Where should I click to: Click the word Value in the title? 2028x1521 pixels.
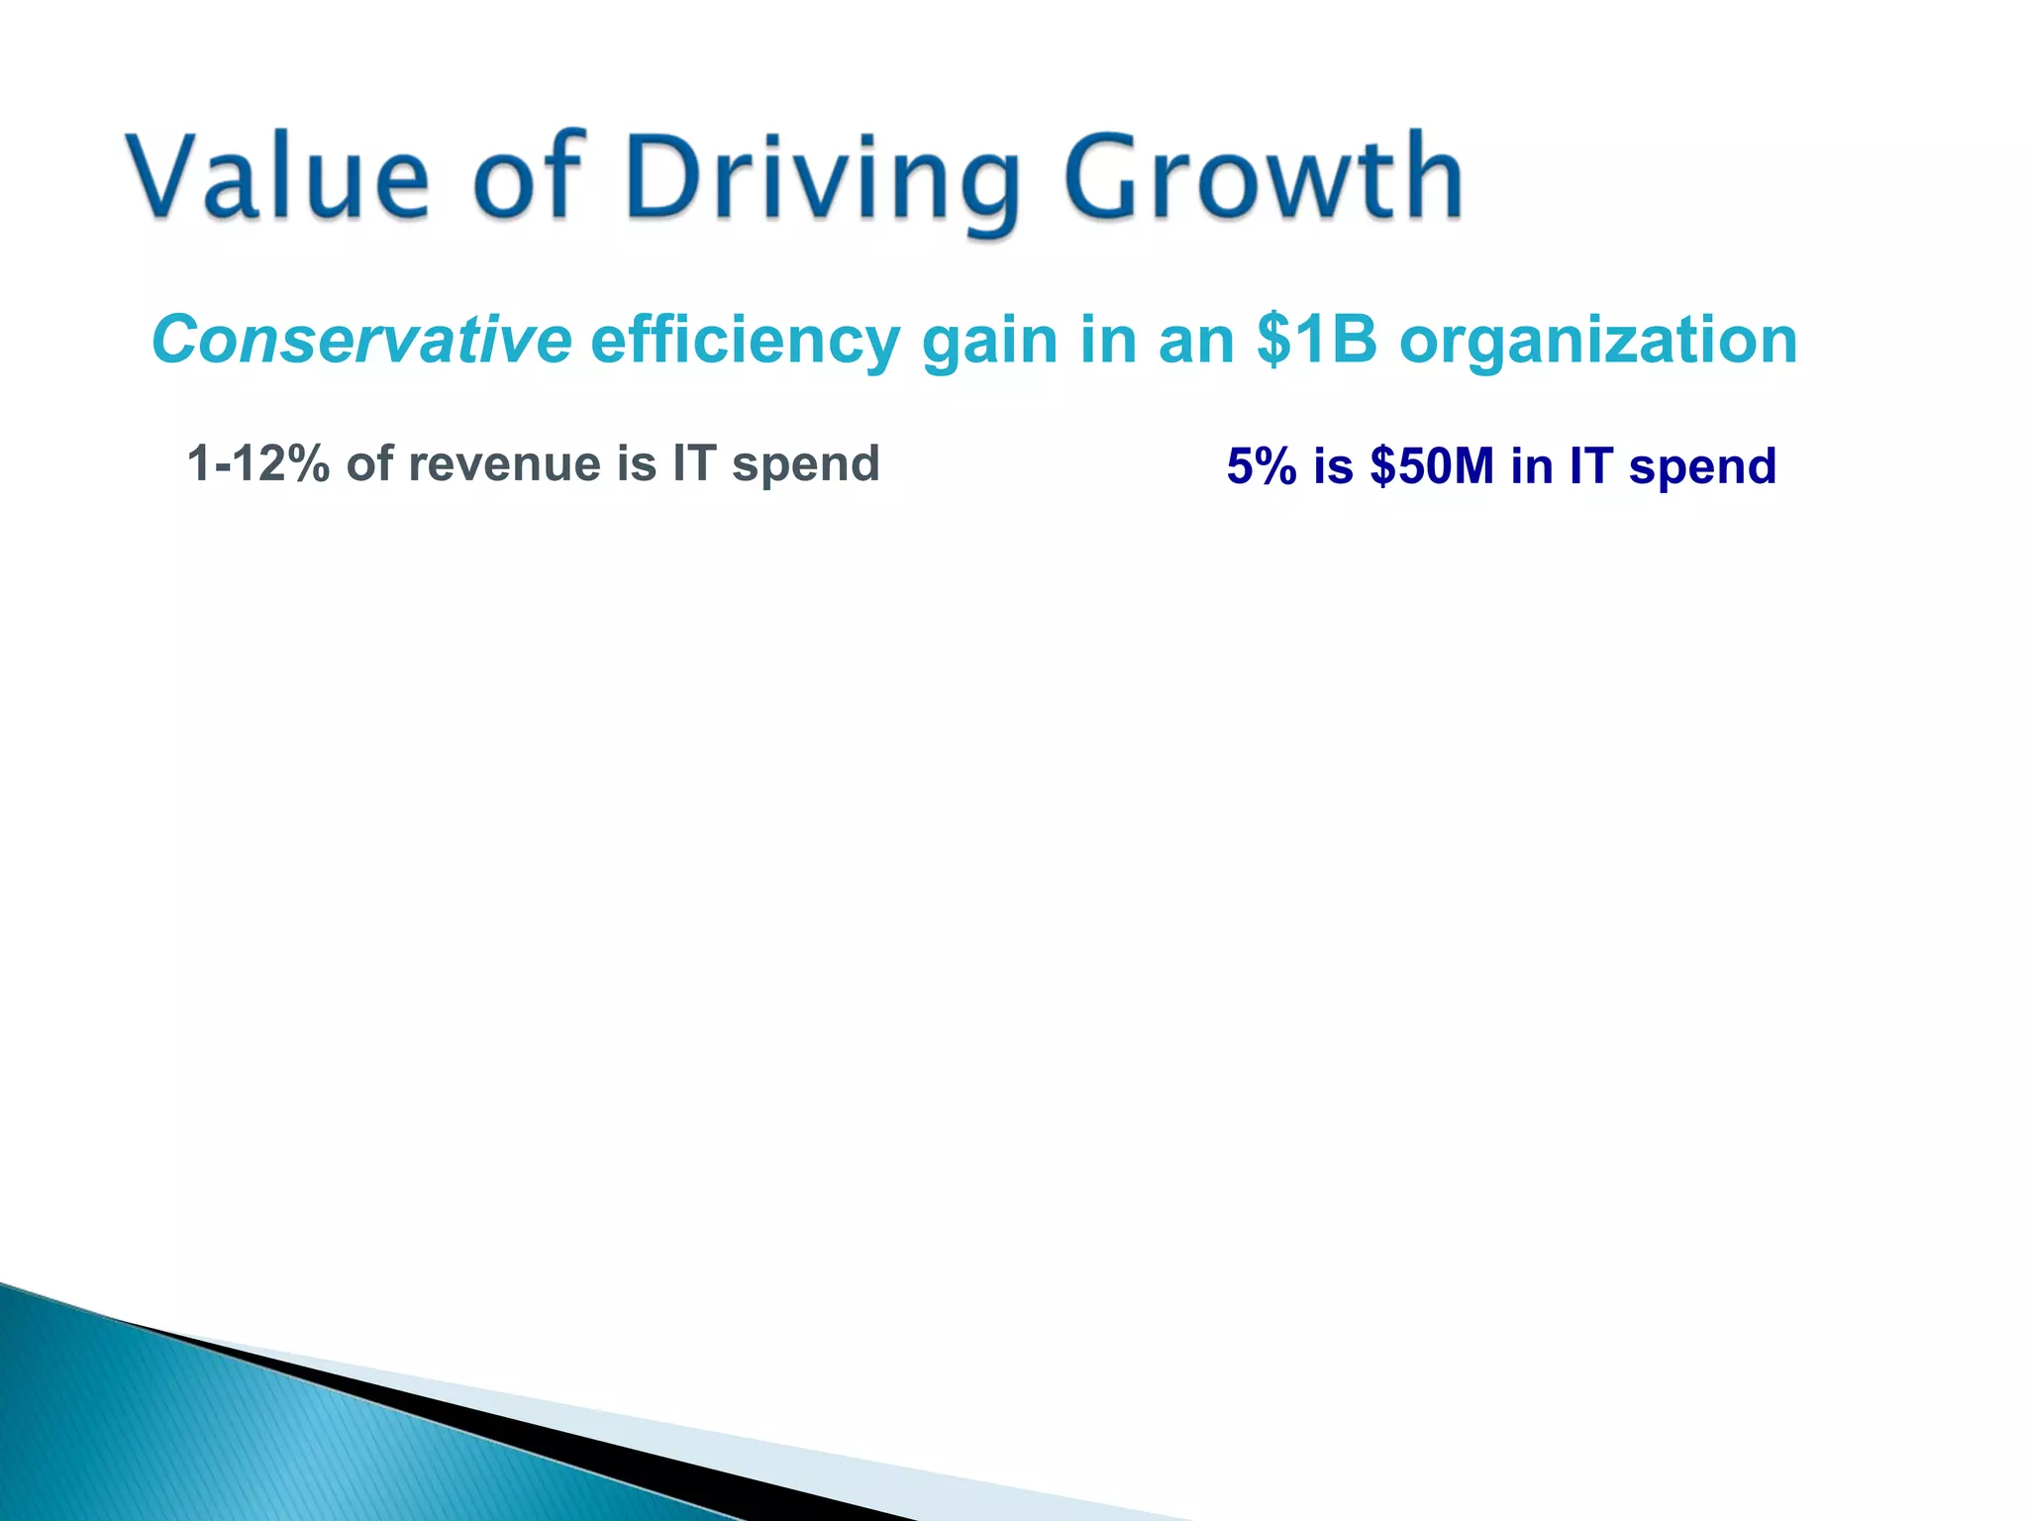click(x=277, y=176)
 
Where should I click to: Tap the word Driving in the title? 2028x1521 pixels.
click(x=822, y=178)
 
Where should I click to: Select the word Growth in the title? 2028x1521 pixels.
click(x=1263, y=176)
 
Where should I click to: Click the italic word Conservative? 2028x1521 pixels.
click(x=361, y=340)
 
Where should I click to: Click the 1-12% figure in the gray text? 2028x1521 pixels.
click(x=257, y=463)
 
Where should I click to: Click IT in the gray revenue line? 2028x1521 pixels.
click(x=694, y=463)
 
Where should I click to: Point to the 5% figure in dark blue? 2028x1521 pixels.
click(x=1261, y=465)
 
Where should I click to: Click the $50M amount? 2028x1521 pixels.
click(x=1432, y=465)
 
